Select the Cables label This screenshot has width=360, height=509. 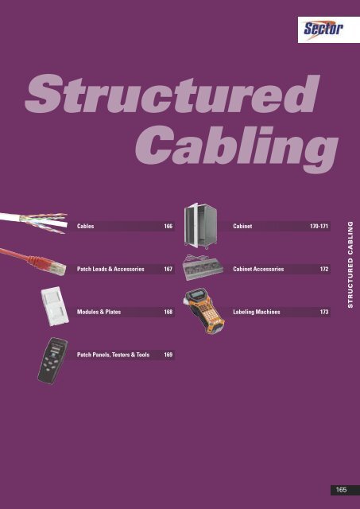click(86, 227)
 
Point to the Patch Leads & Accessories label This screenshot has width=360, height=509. click(110, 270)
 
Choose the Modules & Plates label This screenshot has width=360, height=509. click(99, 313)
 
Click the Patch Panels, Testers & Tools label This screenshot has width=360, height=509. click(113, 355)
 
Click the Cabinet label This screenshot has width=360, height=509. click(244, 227)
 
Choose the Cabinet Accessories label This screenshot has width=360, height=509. click(258, 270)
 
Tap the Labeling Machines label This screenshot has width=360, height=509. click(255, 313)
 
